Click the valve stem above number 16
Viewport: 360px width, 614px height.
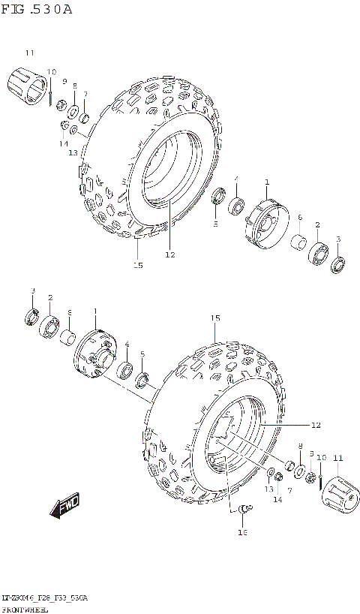(242, 511)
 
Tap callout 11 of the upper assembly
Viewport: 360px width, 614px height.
(29, 53)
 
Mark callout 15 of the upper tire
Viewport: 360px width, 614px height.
(138, 264)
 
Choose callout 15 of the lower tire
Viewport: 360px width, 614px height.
(215, 318)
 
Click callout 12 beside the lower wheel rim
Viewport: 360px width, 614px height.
(315, 425)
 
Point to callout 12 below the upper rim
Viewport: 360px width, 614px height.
(169, 254)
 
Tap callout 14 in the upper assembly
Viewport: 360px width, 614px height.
(64, 143)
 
